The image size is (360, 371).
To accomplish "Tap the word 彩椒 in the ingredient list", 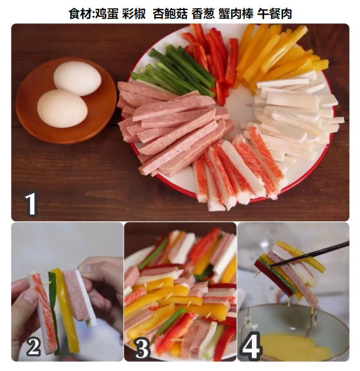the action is [134, 14].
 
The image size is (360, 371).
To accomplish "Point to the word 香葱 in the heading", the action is [203, 14].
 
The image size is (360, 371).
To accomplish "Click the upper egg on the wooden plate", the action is [77, 78].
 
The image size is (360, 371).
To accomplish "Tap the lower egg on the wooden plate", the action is [62, 108].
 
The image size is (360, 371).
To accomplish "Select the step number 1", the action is [31, 204].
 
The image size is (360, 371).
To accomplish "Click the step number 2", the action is [33, 346].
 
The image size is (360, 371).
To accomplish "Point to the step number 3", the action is [142, 348].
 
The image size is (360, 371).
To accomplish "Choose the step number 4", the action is [251, 346].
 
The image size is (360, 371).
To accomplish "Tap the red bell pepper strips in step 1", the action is [211, 59].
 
